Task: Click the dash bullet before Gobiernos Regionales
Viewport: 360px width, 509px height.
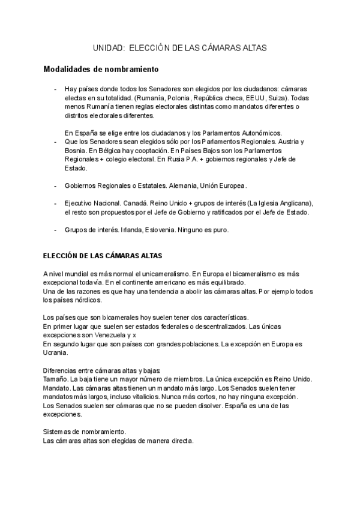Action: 55,185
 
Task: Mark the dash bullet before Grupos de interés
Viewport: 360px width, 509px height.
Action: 55,230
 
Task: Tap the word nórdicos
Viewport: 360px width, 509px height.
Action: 88,300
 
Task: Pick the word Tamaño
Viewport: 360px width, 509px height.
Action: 55,379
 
